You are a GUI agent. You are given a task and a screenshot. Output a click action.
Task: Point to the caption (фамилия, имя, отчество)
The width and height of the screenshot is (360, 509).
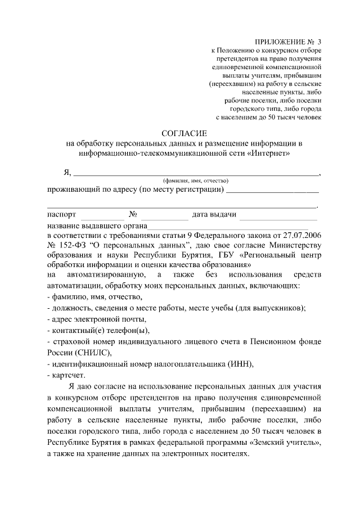[x=195, y=181]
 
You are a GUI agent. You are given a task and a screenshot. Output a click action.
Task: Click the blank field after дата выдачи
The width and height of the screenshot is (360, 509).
[x=281, y=215]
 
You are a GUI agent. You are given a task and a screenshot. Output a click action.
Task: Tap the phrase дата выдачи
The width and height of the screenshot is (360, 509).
[x=214, y=215]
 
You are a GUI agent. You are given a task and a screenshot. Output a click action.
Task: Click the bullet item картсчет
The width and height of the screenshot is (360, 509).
[x=68, y=375]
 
